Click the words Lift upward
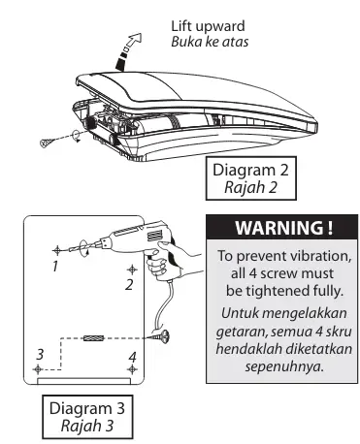(x=208, y=26)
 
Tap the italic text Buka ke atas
(x=210, y=42)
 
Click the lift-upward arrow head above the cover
(x=135, y=39)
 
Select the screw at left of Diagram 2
(x=47, y=142)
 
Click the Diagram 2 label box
(x=251, y=178)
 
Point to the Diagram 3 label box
(x=87, y=417)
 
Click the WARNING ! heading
(x=283, y=228)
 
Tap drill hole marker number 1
(x=57, y=250)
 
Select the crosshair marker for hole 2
(x=132, y=270)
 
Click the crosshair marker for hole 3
(x=38, y=369)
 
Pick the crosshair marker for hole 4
(x=132, y=369)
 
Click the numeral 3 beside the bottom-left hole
(x=40, y=354)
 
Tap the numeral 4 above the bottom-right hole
(x=132, y=357)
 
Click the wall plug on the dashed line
(x=93, y=338)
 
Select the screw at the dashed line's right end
(x=161, y=336)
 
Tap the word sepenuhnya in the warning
(x=284, y=366)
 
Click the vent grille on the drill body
(x=153, y=236)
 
